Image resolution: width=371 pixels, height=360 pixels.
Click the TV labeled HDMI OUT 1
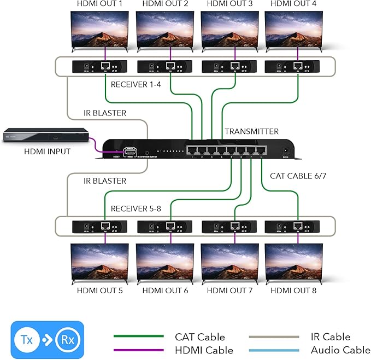pyautogui.click(x=105, y=30)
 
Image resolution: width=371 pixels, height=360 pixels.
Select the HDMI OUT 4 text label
pyautogui.click(x=293, y=4)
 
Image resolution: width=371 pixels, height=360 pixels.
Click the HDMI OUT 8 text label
pyautogui.click(x=293, y=291)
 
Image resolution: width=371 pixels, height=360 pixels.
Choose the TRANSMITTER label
pyautogui.click(x=252, y=131)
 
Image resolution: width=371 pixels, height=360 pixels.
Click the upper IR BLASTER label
pyautogui.click(x=104, y=113)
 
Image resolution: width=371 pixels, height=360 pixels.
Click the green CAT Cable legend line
pyautogui.click(x=138, y=337)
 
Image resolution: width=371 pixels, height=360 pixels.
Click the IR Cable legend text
pyautogui.click(x=330, y=337)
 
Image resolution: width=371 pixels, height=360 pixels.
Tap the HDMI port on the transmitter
pyautogui.click(x=131, y=150)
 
